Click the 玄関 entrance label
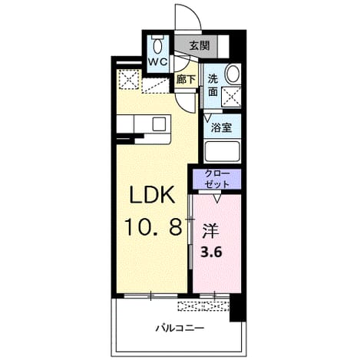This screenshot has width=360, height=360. coord(200,46)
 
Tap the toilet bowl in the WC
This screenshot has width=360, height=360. coord(158,45)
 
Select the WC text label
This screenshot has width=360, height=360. coord(158,61)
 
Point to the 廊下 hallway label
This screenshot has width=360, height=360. coord(186,80)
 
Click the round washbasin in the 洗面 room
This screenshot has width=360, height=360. coord(233,73)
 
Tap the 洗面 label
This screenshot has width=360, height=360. coord(213,85)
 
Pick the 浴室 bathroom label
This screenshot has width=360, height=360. coord(221,127)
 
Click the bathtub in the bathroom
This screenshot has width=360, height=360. coord(223,151)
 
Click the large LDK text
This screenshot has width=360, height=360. coord(153,194)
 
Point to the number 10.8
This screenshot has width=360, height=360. coord(153,226)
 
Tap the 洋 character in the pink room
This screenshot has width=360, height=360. coord(210,231)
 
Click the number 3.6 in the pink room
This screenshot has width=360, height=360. coord(211,253)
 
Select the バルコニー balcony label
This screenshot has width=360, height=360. coord(180,328)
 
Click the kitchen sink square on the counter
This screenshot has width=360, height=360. coord(159,124)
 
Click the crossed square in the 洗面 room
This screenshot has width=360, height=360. coord(231,96)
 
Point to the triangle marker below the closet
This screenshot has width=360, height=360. coord(217,199)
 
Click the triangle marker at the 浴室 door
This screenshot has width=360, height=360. coord(207,118)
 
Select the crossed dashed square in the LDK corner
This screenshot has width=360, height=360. coord(130,79)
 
